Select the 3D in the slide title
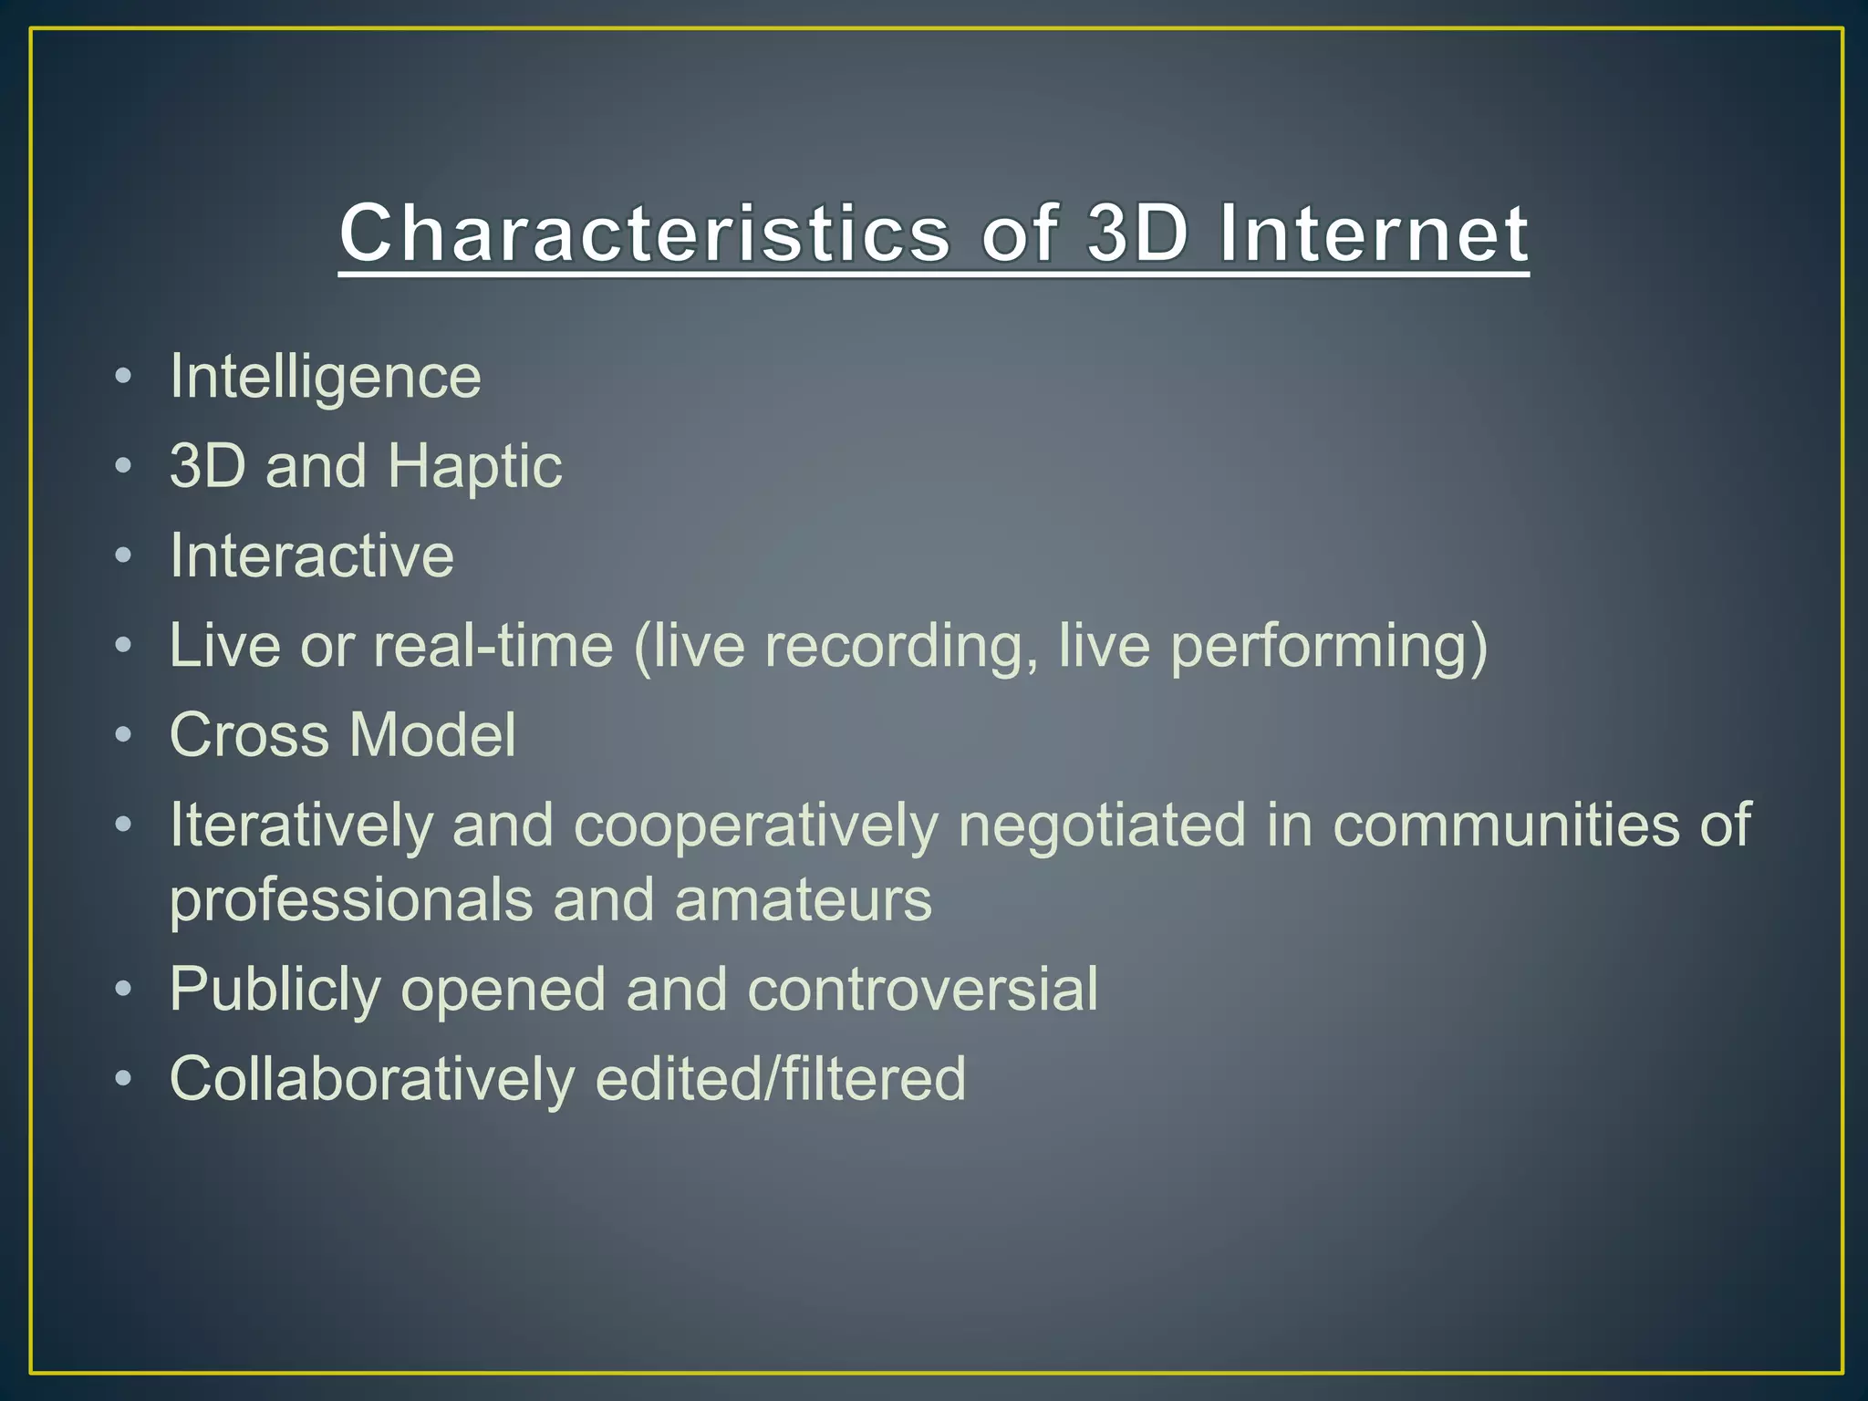[1138, 233]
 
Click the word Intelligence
[325, 377]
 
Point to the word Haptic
[474, 467]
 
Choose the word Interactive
[312, 555]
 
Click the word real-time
[493, 646]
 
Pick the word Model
[432, 735]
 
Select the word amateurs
[803, 900]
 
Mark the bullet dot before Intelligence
[124, 376]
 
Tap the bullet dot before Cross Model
[124, 734]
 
